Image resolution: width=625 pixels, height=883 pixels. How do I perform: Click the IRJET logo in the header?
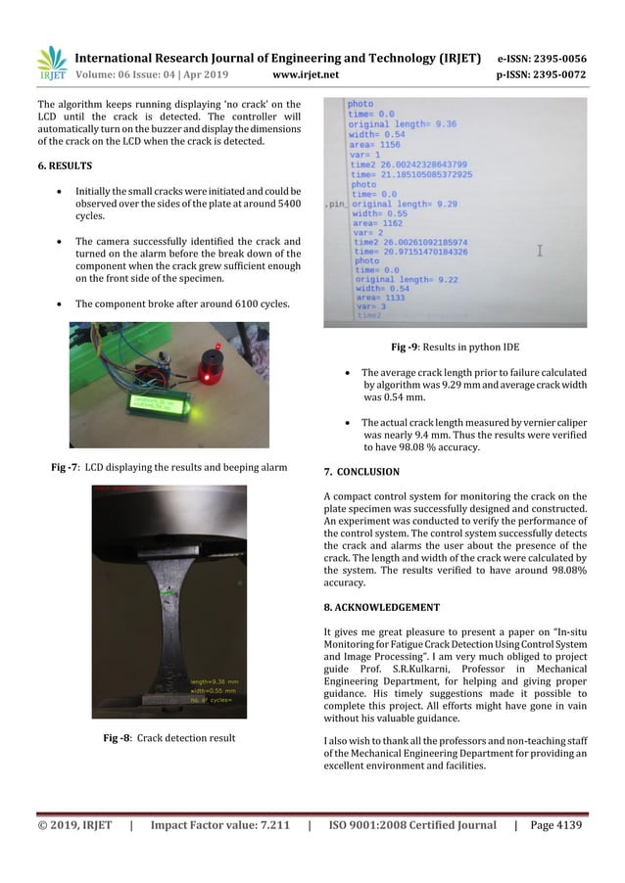point(51,64)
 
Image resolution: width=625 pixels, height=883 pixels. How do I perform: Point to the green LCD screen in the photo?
point(158,404)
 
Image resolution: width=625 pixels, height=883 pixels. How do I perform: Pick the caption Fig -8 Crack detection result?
point(169,736)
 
